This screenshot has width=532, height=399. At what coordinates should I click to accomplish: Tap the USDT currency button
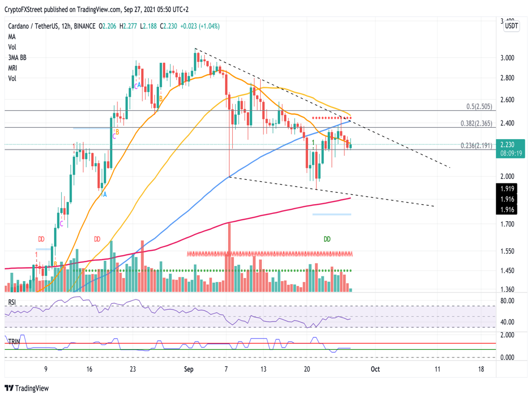tap(512, 26)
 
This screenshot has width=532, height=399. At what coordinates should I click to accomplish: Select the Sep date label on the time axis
tap(189, 369)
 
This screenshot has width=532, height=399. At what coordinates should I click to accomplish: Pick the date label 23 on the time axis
tap(133, 369)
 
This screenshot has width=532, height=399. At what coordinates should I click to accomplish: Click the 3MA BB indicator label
tap(17, 58)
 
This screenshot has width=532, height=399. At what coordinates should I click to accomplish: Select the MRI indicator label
tap(14, 68)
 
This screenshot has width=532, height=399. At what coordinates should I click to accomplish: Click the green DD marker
tap(327, 239)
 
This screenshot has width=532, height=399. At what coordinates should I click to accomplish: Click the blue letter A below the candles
tap(104, 194)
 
